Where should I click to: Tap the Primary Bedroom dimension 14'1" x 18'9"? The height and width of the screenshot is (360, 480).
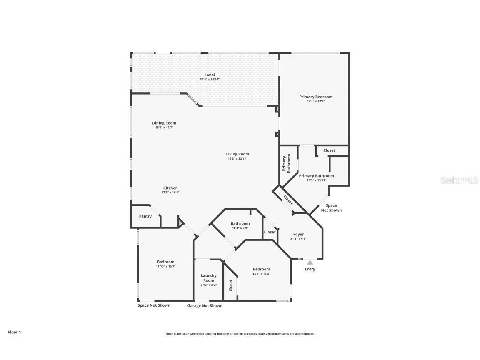click(315, 101)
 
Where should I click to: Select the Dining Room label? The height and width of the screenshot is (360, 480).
click(164, 123)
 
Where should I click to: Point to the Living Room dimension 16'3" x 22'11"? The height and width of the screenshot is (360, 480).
click(238, 159)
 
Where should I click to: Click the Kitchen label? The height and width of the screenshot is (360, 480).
click(170, 188)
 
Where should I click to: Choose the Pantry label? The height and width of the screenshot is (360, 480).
click(145, 216)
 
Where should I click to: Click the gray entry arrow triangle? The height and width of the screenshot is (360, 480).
click(310, 262)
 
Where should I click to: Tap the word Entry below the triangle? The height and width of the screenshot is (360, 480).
click(310, 269)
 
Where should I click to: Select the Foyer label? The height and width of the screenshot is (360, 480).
click(298, 234)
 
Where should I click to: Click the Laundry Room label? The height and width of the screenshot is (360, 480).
click(209, 278)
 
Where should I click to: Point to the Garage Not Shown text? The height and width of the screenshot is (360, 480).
click(205, 305)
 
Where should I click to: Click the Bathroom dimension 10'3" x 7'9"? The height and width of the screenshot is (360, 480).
click(240, 228)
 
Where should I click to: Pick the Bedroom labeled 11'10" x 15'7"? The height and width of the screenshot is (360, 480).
click(165, 262)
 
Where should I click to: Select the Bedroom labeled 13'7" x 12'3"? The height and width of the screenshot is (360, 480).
click(261, 269)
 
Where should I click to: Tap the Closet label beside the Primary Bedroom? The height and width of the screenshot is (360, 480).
click(329, 150)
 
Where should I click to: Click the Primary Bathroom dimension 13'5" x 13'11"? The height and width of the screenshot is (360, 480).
click(316, 180)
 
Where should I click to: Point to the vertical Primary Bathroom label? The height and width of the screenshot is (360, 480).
click(286, 164)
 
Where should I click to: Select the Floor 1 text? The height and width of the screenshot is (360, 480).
click(14, 332)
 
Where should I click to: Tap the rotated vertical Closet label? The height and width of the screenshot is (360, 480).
click(231, 285)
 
